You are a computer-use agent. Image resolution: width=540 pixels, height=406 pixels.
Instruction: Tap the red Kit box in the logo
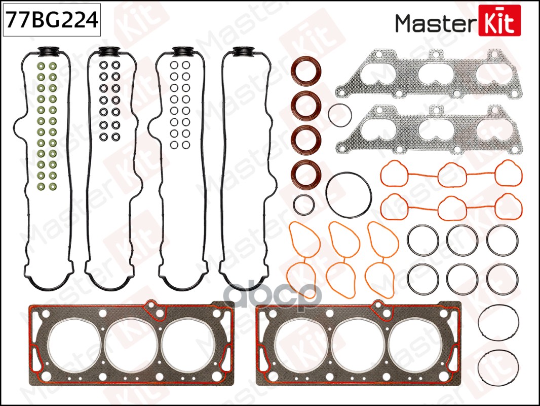click(499, 20)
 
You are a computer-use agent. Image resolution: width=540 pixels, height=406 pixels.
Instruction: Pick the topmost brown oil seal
click(305, 73)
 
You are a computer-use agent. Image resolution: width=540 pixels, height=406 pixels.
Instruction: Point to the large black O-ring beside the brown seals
click(349, 195)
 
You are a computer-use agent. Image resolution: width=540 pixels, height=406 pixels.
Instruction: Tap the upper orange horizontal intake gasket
click(451, 174)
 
